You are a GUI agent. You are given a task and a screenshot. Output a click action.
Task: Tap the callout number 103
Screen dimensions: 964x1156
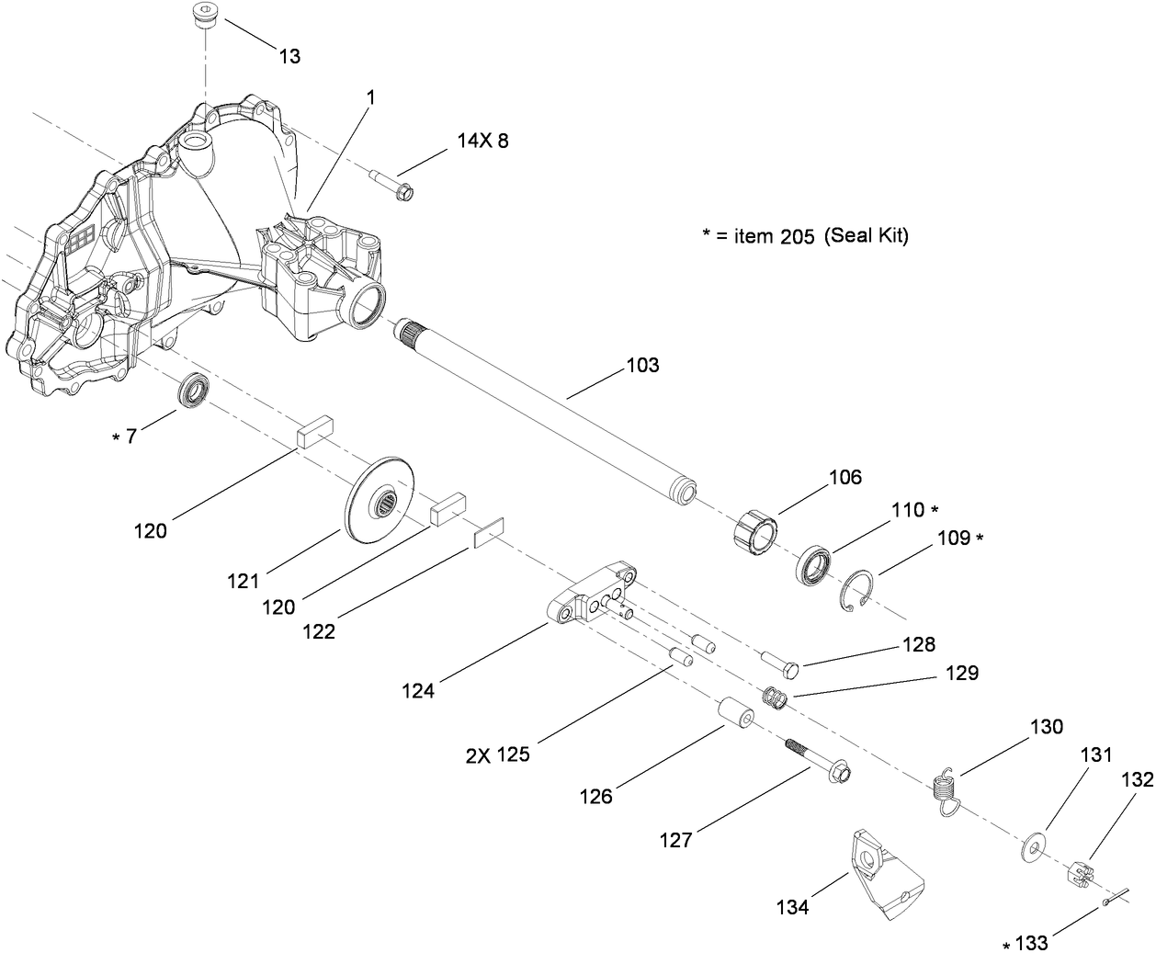pos(642,366)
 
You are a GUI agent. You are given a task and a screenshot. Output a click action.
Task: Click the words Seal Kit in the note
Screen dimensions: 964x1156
pos(866,235)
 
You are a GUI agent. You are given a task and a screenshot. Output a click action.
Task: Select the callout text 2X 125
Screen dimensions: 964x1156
pos(496,754)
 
